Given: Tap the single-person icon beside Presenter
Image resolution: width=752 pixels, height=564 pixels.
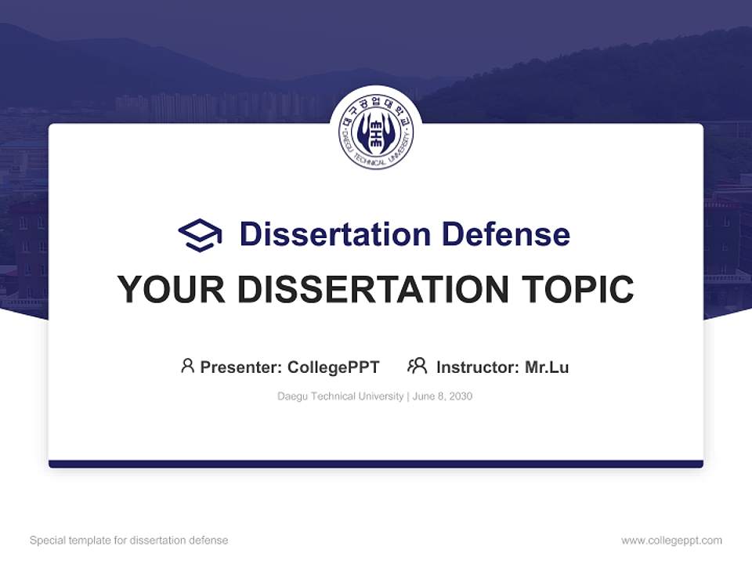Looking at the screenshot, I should click(187, 366).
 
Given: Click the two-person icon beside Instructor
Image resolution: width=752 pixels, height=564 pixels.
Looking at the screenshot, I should click(418, 366).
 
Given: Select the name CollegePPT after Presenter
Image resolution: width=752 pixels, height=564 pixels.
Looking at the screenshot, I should click(334, 367).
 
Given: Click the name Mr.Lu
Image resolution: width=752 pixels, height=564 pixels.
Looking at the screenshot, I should click(547, 367).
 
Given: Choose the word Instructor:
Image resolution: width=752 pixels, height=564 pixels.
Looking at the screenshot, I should click(478, 367).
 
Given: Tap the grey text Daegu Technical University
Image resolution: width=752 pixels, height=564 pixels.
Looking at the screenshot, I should click(340, 396).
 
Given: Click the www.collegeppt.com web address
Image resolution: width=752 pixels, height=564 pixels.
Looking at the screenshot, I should click(671, 540).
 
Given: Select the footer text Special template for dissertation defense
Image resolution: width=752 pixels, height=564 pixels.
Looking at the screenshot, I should click(129, 540).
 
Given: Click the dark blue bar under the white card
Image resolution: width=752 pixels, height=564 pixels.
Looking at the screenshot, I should click(376, 464).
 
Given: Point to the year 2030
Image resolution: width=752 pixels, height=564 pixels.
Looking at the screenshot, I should click(461, 396).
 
